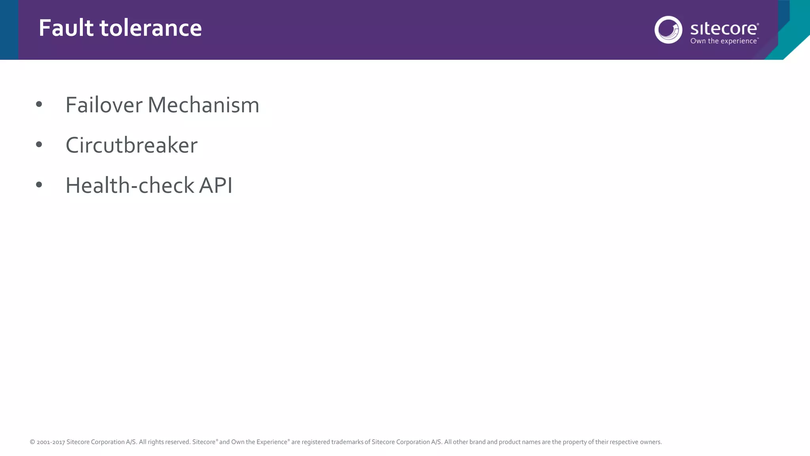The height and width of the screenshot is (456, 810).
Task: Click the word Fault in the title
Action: (x=66, y=28)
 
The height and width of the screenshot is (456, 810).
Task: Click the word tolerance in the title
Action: (x=151, y=28)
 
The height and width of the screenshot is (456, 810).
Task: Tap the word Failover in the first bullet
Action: (x=104, y=105)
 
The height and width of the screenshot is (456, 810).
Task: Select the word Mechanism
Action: (x=203, y=105)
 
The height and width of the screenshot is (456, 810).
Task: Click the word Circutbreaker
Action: (x=131, y=145)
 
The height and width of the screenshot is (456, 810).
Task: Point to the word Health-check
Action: (x=130, y=185)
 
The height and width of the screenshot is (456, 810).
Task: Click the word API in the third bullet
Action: (x=216, y=185)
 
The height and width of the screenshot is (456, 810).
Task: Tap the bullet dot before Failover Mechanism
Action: (x=39, y=104)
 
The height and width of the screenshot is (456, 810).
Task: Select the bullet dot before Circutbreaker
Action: (x=39, y=144)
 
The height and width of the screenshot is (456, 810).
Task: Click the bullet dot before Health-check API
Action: (x=39, y=184)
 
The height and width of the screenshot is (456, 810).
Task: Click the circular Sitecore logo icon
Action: (x=668, y=30)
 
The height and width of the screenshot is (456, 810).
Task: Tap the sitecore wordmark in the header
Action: (x=724, y=29)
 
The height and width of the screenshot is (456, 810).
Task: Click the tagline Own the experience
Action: (x=724, y=41)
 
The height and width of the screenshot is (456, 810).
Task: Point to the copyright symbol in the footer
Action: (x=32, y=442)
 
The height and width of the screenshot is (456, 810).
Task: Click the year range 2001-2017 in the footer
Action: (x=51, y=442)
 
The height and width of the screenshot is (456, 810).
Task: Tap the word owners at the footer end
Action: (x=651, y=442)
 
